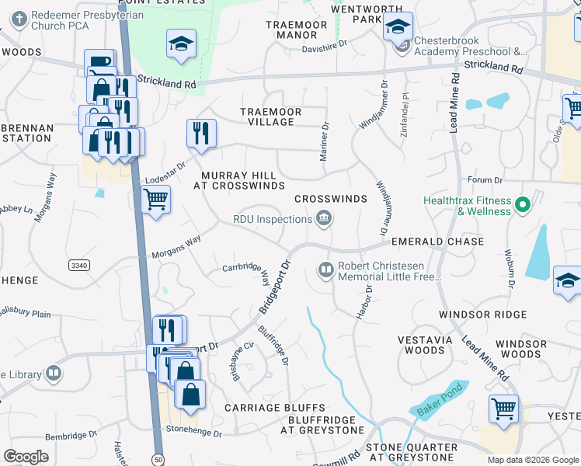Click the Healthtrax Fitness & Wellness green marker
[x=523, y=205]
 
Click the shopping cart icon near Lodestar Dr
[x=156, y=200]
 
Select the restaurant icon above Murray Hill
[x=201, y=132]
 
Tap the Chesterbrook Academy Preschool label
[x=471, y=46]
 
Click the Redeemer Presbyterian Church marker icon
[x=16, y=18]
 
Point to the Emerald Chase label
[x=437, y=242]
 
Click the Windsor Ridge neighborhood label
[x=482, y=315]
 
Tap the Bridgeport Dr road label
[x=273, y=287]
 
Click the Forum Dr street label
[x=486, y=180]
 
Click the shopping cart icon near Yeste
[x=503, y=409]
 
